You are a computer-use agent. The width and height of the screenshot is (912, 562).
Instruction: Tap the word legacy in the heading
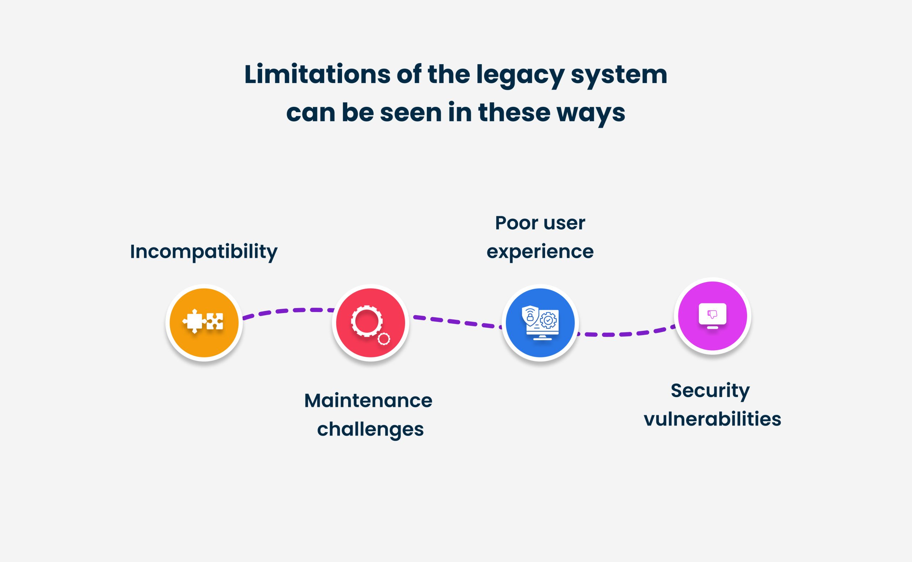click(x=520, y=76)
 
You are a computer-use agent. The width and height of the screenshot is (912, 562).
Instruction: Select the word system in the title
click(x=619, y=76)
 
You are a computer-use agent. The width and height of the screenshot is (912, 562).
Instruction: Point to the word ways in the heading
click(x=591, y=113)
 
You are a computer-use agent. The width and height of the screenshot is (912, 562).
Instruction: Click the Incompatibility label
click(x=204, y=252)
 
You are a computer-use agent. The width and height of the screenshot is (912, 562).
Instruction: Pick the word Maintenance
click(x=368, y=401)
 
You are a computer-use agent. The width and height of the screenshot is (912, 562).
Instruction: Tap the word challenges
click(x=370, y=430)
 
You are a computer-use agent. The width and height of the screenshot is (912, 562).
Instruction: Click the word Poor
click(x=517, y=223)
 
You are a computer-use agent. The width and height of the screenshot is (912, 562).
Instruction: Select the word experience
click(x=540, y=252)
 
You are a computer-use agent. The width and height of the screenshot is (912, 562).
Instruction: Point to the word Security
click(x=710, y=391)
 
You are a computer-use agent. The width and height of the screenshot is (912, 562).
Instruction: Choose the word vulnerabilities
click(x=712, y=419)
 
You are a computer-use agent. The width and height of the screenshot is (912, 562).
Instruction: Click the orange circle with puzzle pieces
click(x=204, y=323)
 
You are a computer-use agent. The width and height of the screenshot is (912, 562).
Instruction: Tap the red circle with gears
click(x=370, y=323)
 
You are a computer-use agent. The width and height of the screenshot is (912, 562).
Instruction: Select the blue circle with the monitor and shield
click(x=540, y=323)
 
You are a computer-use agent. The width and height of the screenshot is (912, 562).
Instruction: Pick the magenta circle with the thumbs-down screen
click(x=712, y=316)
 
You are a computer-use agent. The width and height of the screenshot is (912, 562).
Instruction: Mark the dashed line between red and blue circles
click(x=457, y=322)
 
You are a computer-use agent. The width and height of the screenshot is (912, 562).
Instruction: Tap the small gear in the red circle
click(x=384, y=339)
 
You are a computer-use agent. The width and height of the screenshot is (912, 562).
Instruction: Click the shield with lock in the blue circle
click(x=530, y=315)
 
